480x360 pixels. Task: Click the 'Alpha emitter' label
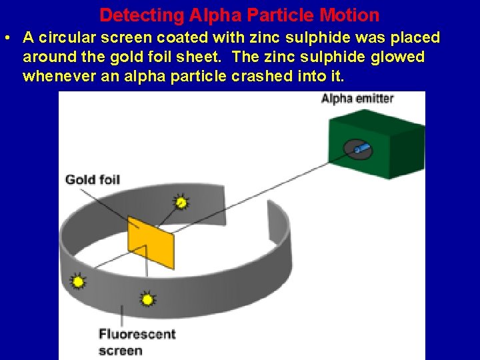tap(357, 99)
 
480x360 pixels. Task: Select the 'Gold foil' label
tap(92, 179)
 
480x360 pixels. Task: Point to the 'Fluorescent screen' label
tap(137, 341)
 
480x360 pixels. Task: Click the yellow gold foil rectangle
tap(151, 241)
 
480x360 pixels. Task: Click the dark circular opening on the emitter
tap(358, 149)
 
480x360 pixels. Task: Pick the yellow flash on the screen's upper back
tap(181, 201)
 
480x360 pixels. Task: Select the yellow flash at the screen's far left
tap(78, 282)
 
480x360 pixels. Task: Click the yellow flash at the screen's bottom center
tap(148, 299)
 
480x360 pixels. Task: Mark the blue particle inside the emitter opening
tap(362, 148)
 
